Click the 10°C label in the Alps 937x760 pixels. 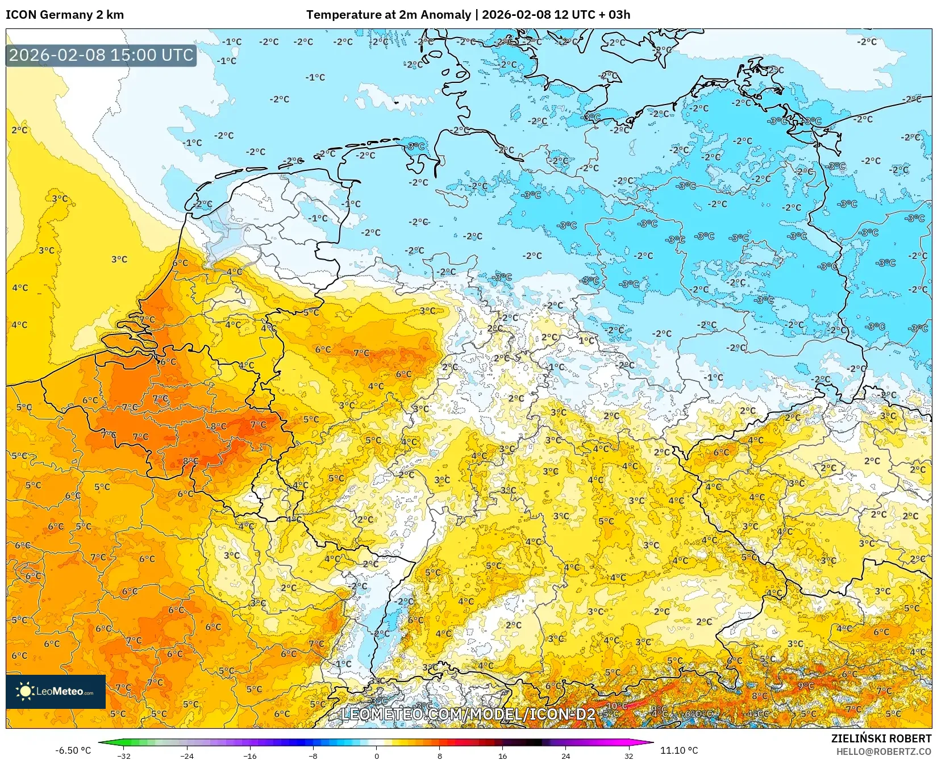click(617, 706)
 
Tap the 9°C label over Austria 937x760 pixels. click(805, 686)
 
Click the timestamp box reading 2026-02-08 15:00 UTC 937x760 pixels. click(101, 55)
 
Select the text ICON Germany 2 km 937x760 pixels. click(65, 15)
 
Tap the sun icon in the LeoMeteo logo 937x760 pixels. click(25, 691)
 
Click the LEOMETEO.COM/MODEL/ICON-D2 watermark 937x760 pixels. click(468, 714)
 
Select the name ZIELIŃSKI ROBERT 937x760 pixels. click(881, 738)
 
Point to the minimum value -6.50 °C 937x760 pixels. click(73, 750)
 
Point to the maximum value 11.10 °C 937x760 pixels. click(679, 750)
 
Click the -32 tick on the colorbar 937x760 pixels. click(124, 756)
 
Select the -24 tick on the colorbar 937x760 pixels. click(187, 756)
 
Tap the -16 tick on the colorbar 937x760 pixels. click(250, 756)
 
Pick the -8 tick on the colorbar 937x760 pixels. click(313, 756)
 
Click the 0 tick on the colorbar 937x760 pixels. click(376, 756)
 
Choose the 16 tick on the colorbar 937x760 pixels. click(502, 756)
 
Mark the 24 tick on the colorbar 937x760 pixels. click(565, 756)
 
